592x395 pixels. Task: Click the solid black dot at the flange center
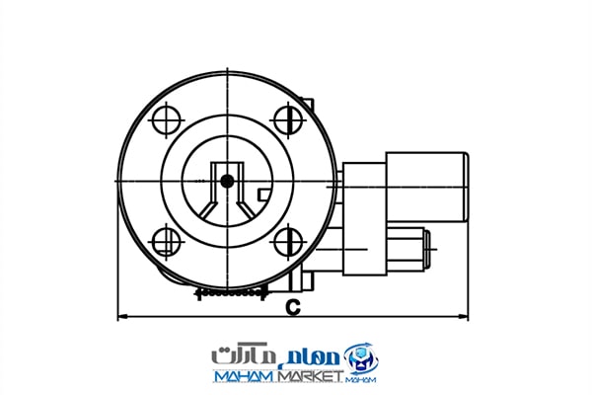point(227,182)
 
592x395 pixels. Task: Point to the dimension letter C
point(293,307)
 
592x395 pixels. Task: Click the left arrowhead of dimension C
point(122,317)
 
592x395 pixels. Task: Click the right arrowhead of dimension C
point(464,317)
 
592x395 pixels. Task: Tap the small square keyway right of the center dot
point(263,195)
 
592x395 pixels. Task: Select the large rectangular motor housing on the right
point(426,187)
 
